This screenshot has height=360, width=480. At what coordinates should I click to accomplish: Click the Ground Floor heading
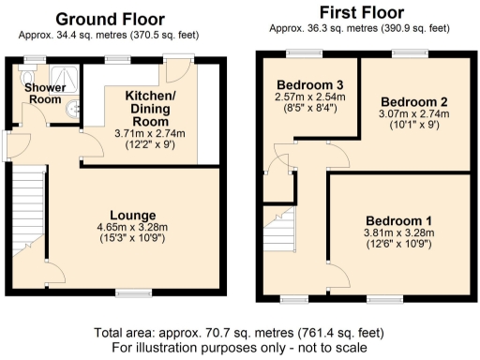[x=110, y=19]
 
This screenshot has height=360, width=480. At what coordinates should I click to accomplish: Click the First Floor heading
[x=361, y=12]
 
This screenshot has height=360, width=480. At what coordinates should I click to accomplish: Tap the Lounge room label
[x=132, y=215]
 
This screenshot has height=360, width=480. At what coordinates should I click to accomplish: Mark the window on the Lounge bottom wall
[x=129, y=294]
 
